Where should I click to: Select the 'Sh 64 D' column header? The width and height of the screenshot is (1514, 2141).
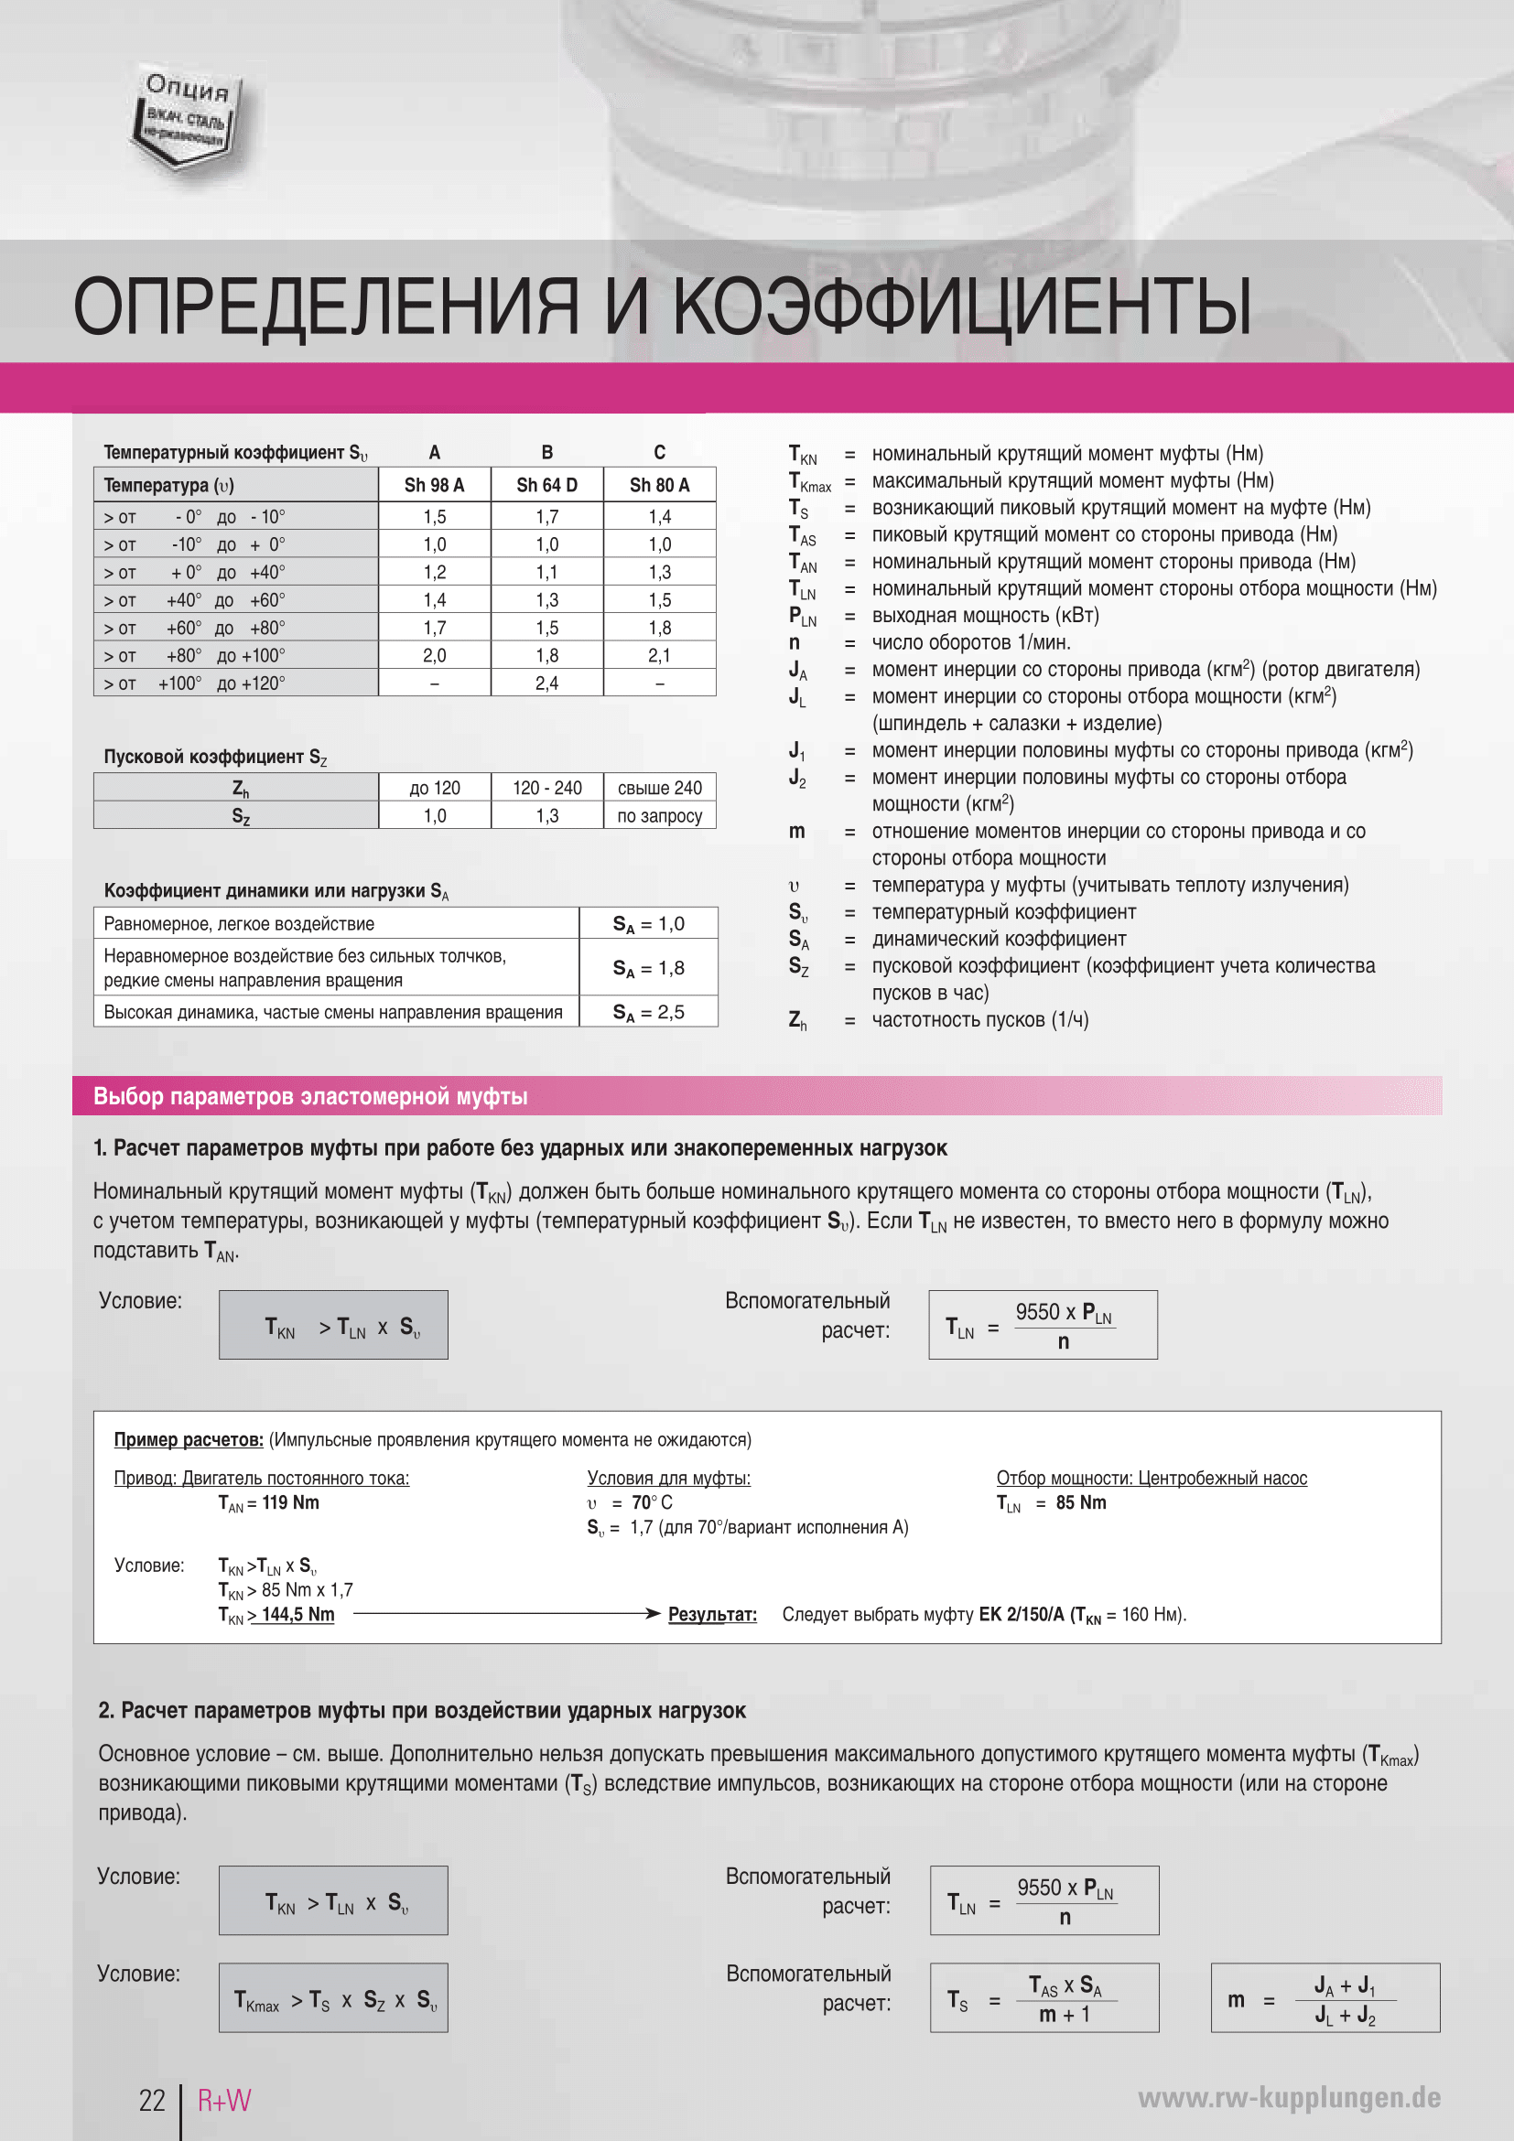tap(546, 485)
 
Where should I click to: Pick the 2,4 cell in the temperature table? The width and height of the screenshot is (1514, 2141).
tap(546, 683)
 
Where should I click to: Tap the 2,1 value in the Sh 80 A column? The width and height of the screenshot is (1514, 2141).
tap(660, 655)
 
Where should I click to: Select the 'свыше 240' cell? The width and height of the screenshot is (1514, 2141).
tap(660, 788)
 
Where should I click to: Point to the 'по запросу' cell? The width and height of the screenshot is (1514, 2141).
tap(660, 816)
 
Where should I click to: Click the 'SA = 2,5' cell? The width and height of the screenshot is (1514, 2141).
tap(648, 1013)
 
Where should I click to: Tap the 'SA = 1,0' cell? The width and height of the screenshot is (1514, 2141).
tap(648, 924)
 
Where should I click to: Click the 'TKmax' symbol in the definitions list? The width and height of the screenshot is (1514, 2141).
tap(809, 482)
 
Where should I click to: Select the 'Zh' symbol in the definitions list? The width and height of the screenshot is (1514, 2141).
tap(797, 1021)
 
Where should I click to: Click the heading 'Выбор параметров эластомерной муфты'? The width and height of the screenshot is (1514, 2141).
tap(310, 1097)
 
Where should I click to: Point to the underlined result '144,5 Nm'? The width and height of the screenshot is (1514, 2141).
tap(297, 1614)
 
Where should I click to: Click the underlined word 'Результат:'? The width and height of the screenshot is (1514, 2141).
tap(712, 1614)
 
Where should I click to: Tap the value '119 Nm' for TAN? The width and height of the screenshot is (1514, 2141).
tap(290, 1502)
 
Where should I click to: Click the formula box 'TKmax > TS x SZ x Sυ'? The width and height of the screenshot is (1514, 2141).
tap(333, 1997)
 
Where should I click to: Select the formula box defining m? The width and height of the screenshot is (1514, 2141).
tap(1325, 1997)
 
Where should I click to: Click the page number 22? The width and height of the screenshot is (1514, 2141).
tap(152, 2100)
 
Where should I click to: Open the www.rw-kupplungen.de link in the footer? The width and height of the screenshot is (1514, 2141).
tap(1289, 2098)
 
